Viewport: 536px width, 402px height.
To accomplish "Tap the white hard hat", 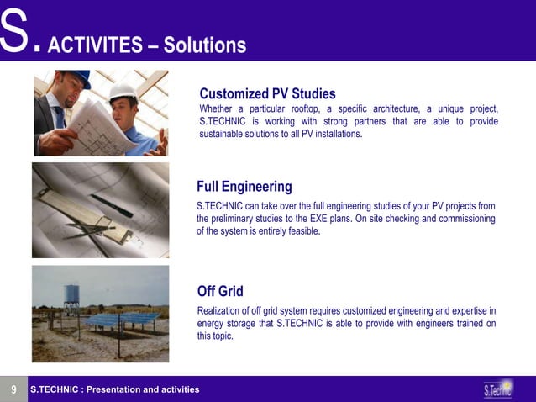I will click(123, 91).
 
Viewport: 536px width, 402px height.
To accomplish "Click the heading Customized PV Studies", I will click(267, 93).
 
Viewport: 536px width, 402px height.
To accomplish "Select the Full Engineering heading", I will click(244, 186).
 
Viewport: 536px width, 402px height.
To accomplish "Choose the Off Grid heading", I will click(220, 291).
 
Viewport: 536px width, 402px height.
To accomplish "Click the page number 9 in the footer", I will click(13, 389).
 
